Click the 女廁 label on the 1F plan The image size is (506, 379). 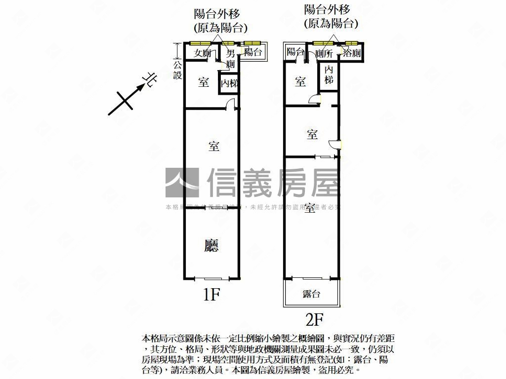point(203,53)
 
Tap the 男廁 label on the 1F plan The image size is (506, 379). point(230,58)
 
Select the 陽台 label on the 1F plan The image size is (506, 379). point(253,52)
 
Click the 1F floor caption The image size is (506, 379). point(211,295)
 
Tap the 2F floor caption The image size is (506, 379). point(314,321)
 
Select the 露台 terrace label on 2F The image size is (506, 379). point(311,294)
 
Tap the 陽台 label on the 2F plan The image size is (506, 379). point(295,51)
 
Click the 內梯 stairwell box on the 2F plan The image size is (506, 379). point(329,75)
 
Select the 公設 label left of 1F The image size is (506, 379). point(178,70)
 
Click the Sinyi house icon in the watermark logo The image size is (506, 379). point(182,183)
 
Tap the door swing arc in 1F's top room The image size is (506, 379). point(229,104)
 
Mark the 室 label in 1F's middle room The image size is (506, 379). point(213,147)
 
